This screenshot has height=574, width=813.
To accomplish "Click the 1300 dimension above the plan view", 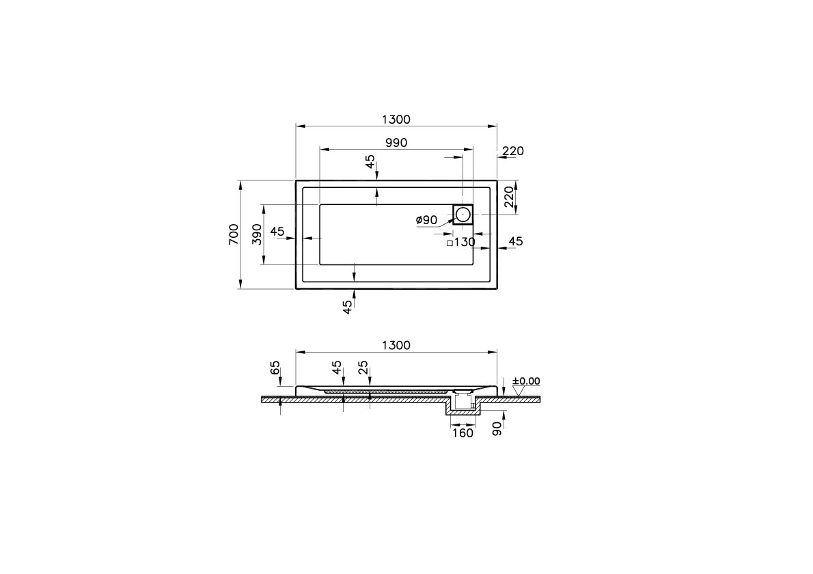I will click(396, 120).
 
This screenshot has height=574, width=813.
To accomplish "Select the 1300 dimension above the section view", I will click(396, 345).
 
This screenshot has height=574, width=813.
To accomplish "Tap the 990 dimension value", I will click(396, 143).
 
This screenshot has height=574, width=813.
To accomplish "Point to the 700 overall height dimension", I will click(234, 234).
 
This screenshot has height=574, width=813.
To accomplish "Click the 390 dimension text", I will click(257, 234).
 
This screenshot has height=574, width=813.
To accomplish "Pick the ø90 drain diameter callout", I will click(426, 220).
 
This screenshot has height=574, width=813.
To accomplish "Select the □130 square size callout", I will click(460, 242).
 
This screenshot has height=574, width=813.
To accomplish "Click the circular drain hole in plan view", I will click(463, 215).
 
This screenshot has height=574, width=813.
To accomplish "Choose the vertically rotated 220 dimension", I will click(508, 197).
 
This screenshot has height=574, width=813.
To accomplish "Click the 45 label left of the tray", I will click(277, 232).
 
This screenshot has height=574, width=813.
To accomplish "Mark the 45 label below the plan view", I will click(348, 306).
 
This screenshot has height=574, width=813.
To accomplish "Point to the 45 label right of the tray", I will click(516, 241).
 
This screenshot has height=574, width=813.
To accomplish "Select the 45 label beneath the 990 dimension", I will click(370, 162).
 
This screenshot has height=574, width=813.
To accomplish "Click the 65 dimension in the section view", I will click(275, 368).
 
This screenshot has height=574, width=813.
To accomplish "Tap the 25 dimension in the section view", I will click(363, 368).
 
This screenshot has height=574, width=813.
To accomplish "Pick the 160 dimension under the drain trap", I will click(463, 433).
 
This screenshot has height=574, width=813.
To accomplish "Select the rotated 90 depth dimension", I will click(497, 428).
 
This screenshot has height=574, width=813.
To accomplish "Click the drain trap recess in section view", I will click(463, 406).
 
